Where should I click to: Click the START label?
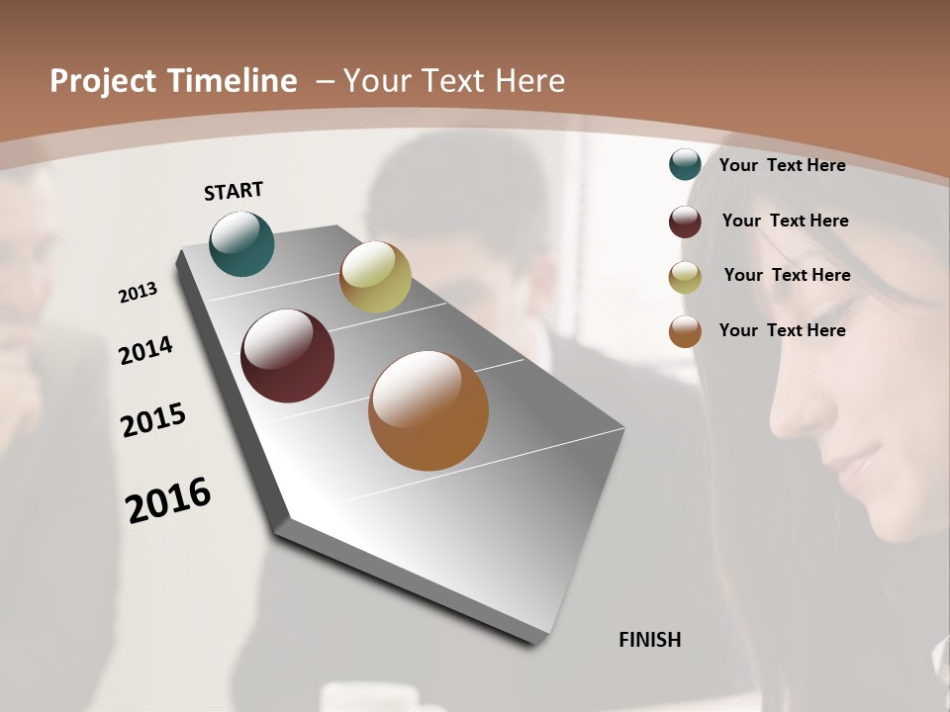pos(234,191)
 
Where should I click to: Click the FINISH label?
pos(649,640)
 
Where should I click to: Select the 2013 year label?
pos(139,292)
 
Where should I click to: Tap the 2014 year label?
pos(145,350)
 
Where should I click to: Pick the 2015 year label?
pos(153,420)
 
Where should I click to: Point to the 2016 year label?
pos(168,499)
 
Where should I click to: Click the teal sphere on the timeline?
pos(241,243)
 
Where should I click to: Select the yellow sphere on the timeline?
pos(375,277)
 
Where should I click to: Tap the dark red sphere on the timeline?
pos(287,356)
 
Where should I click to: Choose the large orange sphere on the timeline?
pos(428,410)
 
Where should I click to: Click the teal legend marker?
pos(685,164)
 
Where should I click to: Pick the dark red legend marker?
pos(685,221)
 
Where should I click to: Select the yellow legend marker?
pos(685,276)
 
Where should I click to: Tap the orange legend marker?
pos(685,330)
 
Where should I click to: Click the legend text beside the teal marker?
pos(782,165)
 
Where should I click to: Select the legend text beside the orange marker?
pos(782,330)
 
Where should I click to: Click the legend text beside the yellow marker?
pos(787,275)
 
